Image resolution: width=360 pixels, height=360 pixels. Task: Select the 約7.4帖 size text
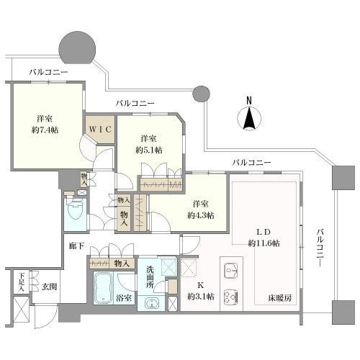click(45, 132)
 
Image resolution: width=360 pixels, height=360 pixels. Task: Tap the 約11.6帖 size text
click(264, 243)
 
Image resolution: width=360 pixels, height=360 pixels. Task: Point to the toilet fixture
click(73, 210)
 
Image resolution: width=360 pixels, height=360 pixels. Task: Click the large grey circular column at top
click(78, 48)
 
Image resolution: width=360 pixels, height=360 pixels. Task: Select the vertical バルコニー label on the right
click(320, 248)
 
